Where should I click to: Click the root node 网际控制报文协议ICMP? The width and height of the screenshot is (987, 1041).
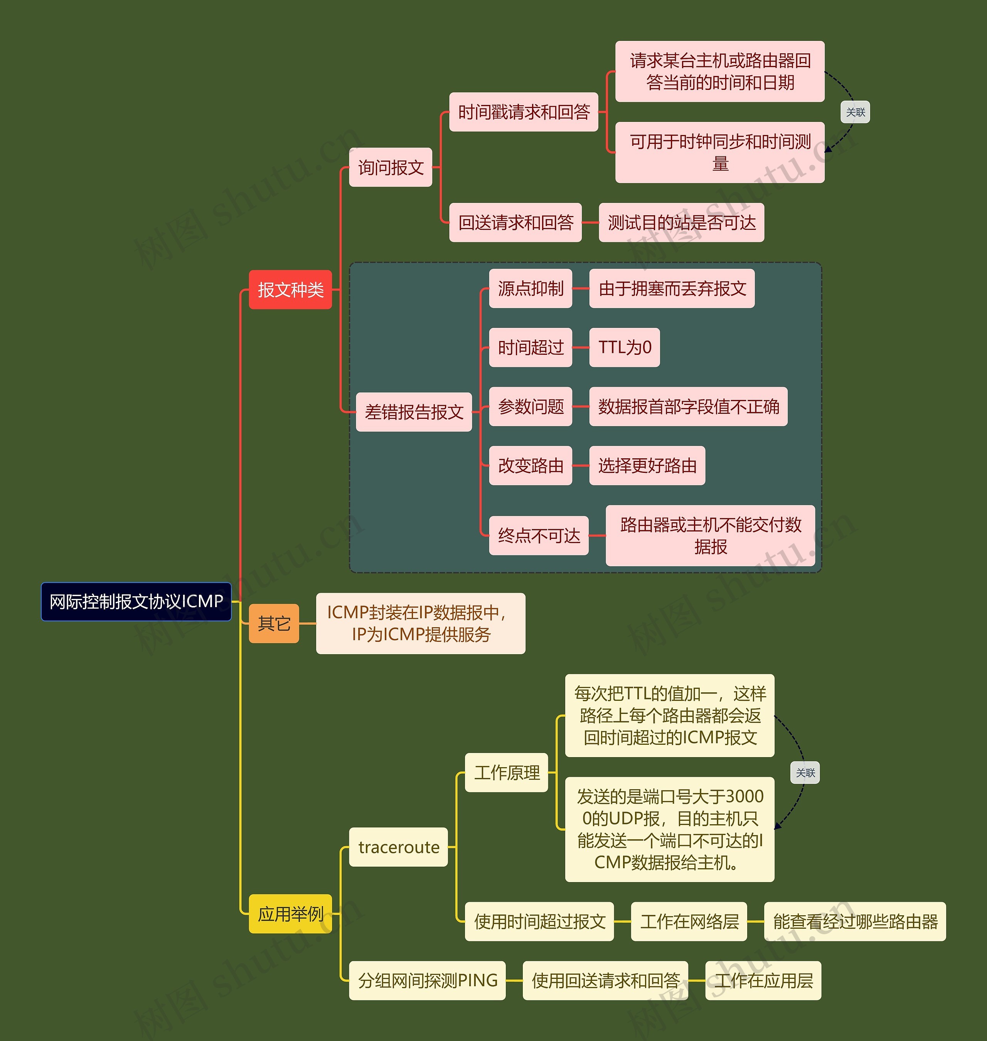pyautogui.click(x=136, y=602)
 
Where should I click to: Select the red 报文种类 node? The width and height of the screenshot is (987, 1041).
pyautogui.click(x=290, y=289)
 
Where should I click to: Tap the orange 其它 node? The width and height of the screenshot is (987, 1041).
pyautogui.click(x=274, y=624)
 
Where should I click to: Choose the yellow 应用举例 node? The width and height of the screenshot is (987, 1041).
pyautogui.click(x=290, y=914)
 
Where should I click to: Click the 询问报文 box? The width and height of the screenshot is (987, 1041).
pyautogui.click(x=391, y=167)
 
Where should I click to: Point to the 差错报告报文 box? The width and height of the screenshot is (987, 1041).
pyautogui.click(x=414, y=412)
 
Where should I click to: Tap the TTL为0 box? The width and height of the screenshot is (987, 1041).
pyautogui.click(x=625, y=348)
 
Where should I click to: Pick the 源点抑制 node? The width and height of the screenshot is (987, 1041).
pyautogui.click(x=531, y=289)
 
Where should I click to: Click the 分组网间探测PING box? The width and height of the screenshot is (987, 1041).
pyautogui.click(x=428, y=980)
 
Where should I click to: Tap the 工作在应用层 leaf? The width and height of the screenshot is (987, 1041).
pyautogui.click(x=763, y=980)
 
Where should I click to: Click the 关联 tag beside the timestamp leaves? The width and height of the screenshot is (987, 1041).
pyautogui.click(x=856, y=112)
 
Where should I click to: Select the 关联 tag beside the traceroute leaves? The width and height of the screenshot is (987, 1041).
pyautogui.click(x=805, y=773)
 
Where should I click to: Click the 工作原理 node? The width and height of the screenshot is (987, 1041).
pyautogui.click(x=507, y=773)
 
